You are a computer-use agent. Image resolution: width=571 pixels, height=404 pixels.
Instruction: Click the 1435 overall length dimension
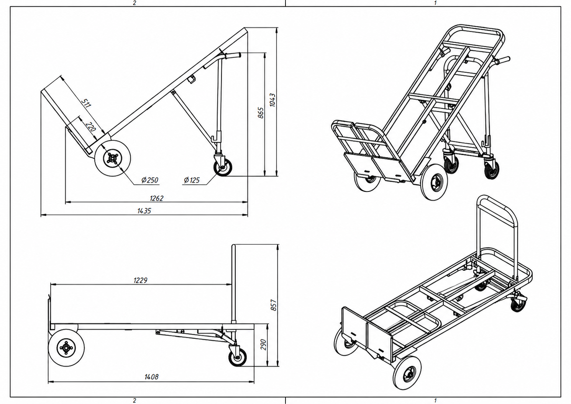[144, 211]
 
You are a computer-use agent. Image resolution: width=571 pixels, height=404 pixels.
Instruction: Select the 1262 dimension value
[156, 198]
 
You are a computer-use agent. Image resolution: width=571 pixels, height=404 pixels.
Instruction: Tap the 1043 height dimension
[272, 100]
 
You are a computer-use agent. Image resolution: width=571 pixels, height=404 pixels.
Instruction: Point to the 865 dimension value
[261, 113]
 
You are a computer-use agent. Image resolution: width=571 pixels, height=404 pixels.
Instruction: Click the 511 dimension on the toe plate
[86, 103]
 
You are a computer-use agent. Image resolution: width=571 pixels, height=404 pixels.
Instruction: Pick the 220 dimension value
[90, 127]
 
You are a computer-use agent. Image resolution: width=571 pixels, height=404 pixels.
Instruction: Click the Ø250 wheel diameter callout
[150, 180]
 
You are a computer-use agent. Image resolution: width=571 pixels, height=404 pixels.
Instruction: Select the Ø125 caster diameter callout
[192, 180]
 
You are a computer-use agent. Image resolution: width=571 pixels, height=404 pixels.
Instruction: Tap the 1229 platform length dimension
[141, 280]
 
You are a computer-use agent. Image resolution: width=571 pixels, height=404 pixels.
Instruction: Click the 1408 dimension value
[151, 376]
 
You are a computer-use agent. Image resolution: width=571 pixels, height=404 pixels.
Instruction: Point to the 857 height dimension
[273, 305]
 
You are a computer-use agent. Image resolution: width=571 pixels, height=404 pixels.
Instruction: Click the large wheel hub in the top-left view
[112, 159]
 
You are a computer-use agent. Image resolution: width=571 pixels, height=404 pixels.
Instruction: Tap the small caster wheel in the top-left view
[223, 167]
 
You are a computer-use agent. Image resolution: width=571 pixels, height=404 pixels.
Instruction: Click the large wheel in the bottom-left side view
[66, 348]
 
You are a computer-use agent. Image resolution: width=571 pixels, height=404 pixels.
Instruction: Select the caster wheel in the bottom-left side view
[238, 357]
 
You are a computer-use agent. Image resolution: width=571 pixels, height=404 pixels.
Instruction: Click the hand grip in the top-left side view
[233, 56]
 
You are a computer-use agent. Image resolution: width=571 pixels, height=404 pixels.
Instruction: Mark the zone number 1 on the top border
[435, 3]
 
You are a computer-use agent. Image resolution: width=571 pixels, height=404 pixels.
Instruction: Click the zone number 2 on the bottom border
[135, 401]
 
